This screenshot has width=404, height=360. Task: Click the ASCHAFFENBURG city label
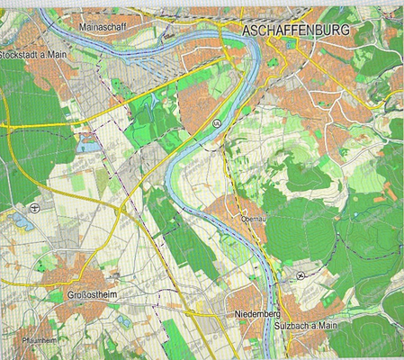point(297,31)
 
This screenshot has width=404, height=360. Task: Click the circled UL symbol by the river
point(217,121)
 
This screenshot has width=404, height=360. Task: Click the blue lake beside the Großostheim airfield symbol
point(20,220)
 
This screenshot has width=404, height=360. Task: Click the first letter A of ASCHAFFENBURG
point(247,31)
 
